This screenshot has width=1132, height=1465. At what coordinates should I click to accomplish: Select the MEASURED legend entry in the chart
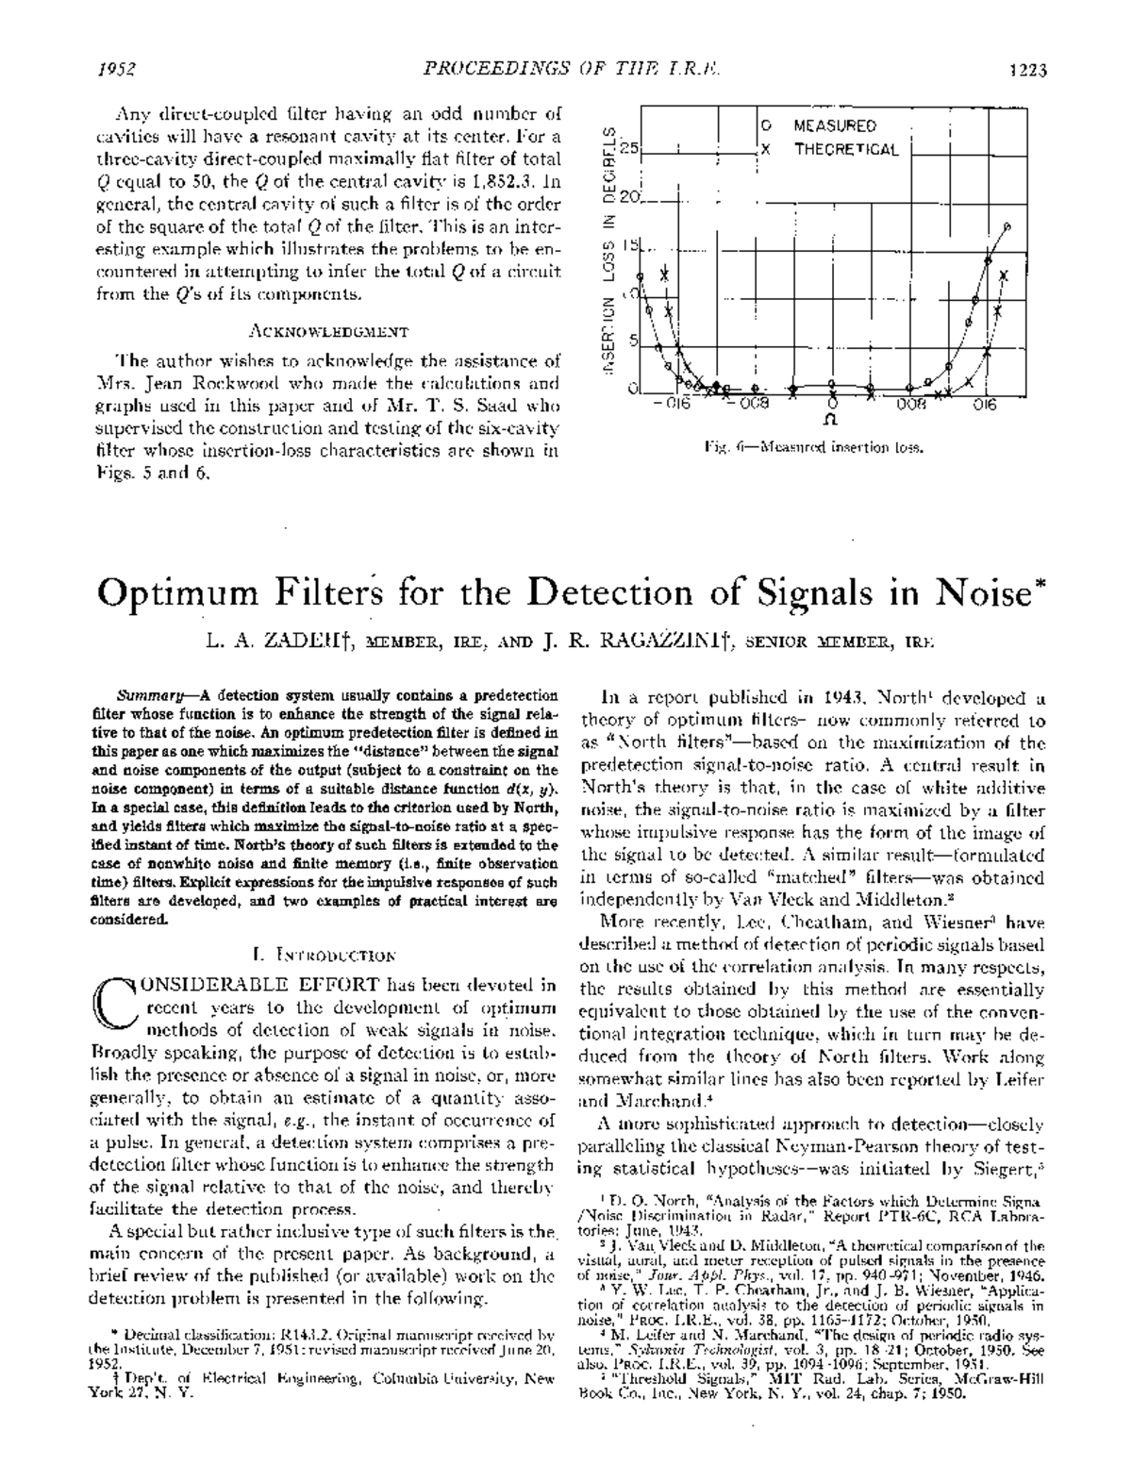[835, 125]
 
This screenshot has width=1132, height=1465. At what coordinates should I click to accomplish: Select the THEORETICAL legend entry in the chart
[846, 149]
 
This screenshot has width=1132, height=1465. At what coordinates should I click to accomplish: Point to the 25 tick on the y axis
[628, 149]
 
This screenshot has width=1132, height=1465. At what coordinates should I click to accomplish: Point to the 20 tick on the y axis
[628, 199]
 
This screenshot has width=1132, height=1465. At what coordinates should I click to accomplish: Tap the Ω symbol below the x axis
[832, 415]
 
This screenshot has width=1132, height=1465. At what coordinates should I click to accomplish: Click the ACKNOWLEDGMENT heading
[328, 331]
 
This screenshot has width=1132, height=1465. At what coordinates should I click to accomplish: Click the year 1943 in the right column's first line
[831, 699]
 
